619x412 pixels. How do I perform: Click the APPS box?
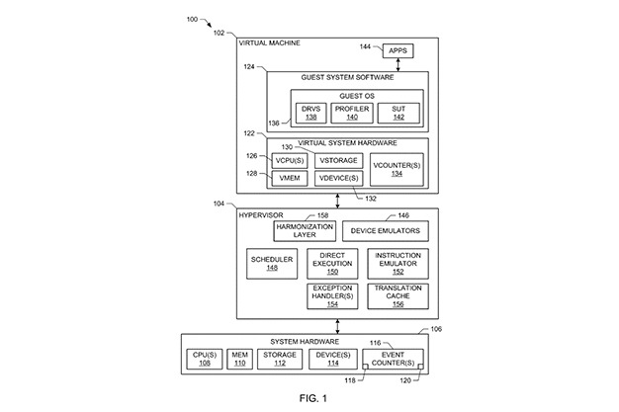click(x=398, y=51)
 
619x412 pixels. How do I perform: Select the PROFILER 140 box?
click(x=352, y=114)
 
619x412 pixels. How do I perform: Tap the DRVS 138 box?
click(x=311, y=114)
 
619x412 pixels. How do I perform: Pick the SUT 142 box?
click(x=398, y=114)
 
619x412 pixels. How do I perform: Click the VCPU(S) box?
click(x=290, y=161)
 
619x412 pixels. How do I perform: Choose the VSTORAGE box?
click(x=338, y=161)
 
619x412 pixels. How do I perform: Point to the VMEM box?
click(x=290, y=179)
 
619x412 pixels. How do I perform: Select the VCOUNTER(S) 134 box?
click(x=397, y=170)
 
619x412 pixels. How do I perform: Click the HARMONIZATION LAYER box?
click(x=305, y=231)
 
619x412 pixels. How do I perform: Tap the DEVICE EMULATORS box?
click(x=385, y=231)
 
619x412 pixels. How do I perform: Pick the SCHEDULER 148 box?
click(x=272, y=264)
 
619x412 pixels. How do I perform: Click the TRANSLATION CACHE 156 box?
click(x=398, y=296)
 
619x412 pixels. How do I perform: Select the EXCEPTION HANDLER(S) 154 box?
click(x=332, y=296)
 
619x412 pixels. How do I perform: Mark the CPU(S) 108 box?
click(x=204, y=359)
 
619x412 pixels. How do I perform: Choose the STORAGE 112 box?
click(x=280, y=359)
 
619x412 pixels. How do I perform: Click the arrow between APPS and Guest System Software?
click(x=398, y=65)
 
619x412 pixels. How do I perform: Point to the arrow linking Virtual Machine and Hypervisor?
click(x=337, y=201)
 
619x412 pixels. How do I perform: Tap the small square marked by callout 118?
click(x=365, y=367)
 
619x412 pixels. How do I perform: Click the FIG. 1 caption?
click(x=313, y=398)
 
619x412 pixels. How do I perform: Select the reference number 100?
click(x=192, y=20)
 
